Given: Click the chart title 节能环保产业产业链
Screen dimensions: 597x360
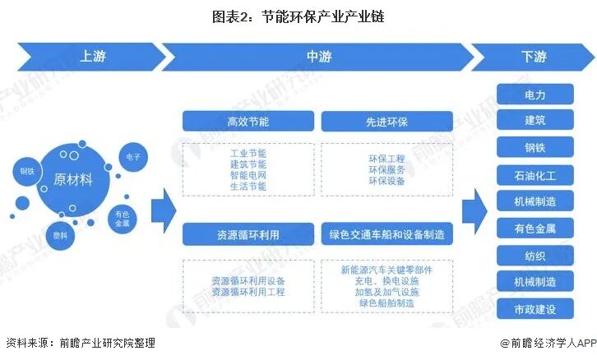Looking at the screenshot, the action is pyautogui.click(x=298, y=16).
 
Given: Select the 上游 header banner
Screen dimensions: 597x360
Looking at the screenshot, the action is pyautogui.click(x=91, y=57).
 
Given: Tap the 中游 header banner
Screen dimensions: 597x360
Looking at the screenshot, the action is pyautogui.click(x=318, y=57).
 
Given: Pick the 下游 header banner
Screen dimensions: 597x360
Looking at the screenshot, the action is pyautogui.click(x=533, y=57).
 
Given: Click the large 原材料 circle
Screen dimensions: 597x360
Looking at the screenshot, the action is pyautogui.click(x=72, y=180).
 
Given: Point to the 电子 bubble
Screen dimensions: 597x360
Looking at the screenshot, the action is pyautogui.click(x=133, y=157).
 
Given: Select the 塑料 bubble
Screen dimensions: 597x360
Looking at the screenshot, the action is pyautogui.click(x=60, y=236).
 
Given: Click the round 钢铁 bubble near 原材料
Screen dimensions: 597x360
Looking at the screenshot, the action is pyautogui.click(x=27, y=171).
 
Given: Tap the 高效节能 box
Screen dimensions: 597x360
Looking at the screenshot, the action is pyautogui.click(x=248, y=122).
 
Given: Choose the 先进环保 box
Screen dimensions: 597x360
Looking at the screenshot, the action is pyautogui.click(x=386, y=122).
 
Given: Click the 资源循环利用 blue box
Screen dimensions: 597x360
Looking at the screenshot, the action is pyautogui.click(x=248, y=234).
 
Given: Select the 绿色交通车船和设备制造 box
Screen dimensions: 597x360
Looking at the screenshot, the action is pyautogui.click(x=386, y=234).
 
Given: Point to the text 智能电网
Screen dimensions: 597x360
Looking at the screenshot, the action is pyautogui.click(x=248, y=175).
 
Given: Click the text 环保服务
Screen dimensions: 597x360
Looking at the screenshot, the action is pyautogui.click(x=386, y=169).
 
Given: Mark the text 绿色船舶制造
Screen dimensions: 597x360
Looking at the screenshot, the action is pyautogui.click(x=386, y=303).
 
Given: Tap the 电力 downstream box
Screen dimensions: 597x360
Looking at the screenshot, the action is pyautogui.click(x=535, y=95).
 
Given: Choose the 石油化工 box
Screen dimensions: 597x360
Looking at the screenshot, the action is pyautogui.click(x=535, y=175).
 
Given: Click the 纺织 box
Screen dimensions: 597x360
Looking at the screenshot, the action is pyautogui.click(x=535, y=256).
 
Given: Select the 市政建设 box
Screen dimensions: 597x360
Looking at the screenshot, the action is pyautogui.click(x=535, y=309).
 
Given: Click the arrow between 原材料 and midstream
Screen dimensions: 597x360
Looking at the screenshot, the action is pyautogui.click(x=164, y=210).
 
